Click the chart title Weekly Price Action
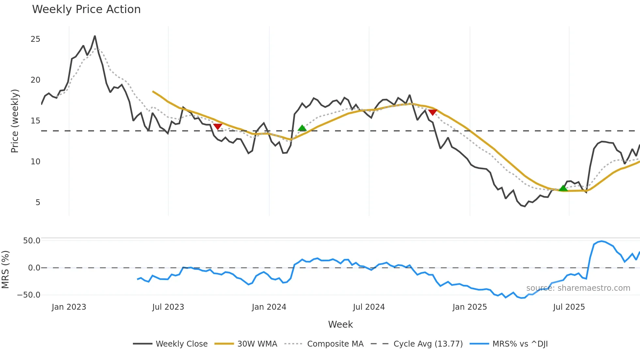coord(86,9)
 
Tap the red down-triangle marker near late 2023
coord(217,126)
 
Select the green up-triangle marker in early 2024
coord(302,128)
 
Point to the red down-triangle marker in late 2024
coord(432,112)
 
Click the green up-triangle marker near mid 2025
coord(563,188)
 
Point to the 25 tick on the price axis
coord(35,39)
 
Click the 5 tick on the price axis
coord(38,203)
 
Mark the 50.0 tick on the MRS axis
coord(32,241)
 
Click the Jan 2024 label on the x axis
coord(269,307)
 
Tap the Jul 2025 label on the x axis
coord(569,307)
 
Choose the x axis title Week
coord(340,324)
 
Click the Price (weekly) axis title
coord(15,121)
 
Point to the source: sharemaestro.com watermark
coord(578,288)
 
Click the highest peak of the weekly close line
coord(95,36)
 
